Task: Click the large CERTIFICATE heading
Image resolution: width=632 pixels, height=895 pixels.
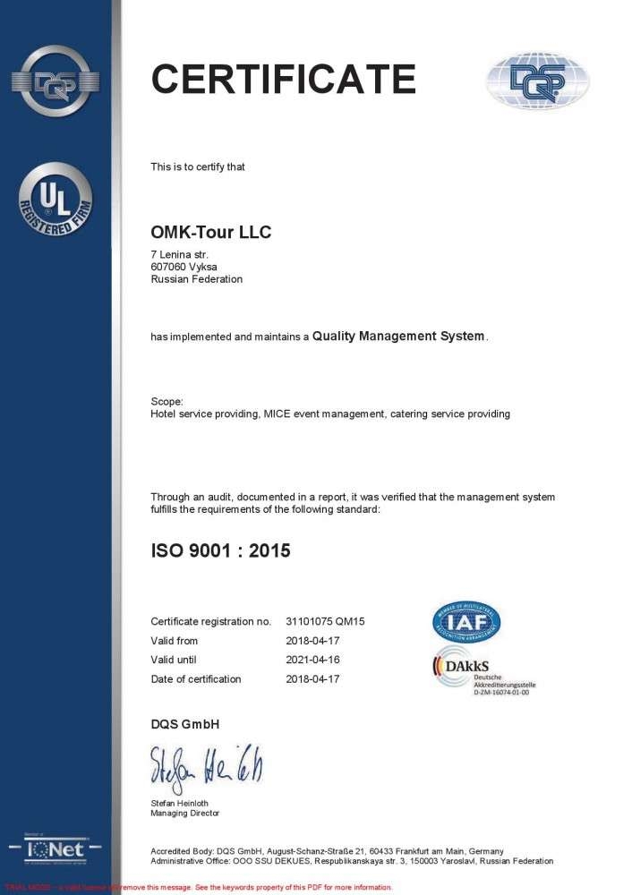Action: point(283,79)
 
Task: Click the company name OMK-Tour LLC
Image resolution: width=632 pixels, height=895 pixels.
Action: point(210,233)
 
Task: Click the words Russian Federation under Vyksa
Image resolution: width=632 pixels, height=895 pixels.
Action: point(196,279)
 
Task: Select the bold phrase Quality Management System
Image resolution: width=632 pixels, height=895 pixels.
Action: point(398,337)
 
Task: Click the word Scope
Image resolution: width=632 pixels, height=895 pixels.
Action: point(167,402)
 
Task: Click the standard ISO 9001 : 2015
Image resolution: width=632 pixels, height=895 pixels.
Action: point(220,551)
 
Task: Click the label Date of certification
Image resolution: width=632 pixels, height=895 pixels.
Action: point(195,679)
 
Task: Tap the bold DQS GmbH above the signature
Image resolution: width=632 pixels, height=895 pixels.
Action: point(184,723)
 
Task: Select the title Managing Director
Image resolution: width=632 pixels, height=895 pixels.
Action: point(184,814)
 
